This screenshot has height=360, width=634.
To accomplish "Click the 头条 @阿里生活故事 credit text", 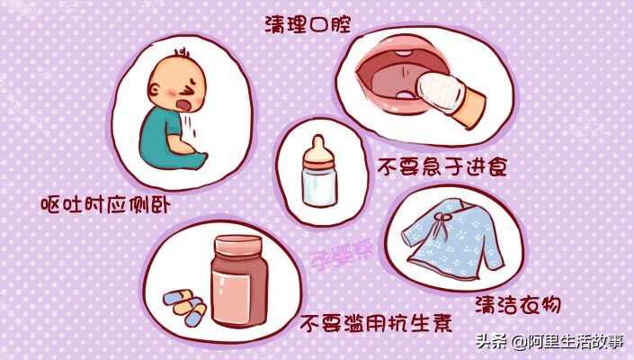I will (550, 342).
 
